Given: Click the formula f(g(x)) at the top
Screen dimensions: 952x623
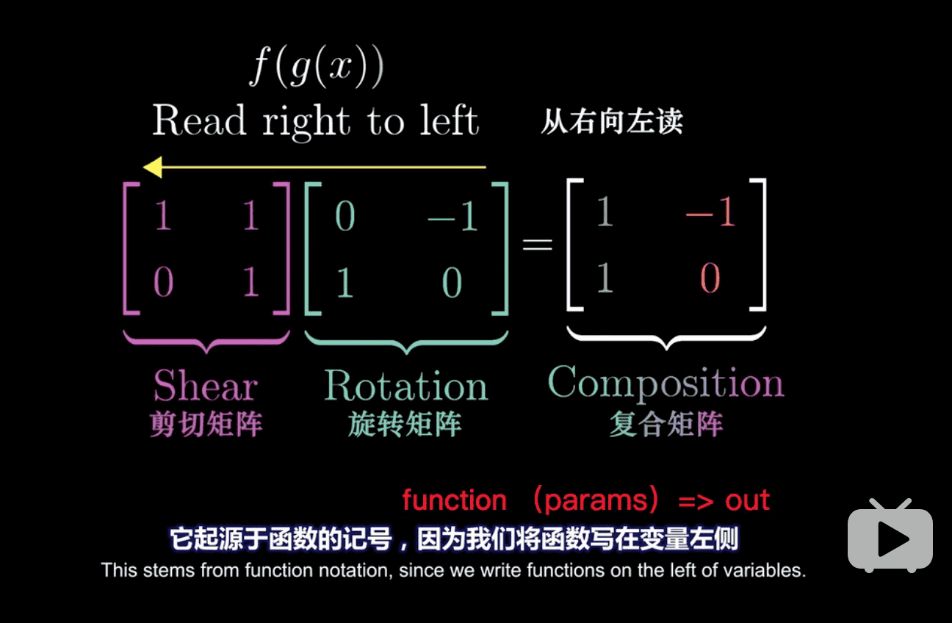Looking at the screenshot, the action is (x=317, y=68).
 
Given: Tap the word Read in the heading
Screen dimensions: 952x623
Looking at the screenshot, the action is (x=198, y=121).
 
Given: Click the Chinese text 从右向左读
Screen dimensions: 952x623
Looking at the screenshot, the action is (x=612, y=121).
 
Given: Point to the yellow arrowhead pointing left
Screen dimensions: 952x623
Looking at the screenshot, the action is (x=152, y=168).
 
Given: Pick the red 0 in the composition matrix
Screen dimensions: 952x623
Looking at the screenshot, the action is (x=710, y=279).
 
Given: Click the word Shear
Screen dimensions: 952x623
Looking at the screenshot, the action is (x=205, y=385).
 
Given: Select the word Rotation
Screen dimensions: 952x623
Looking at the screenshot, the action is (x=405, y=385).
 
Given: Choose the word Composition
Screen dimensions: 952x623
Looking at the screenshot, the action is (x=666, y=383).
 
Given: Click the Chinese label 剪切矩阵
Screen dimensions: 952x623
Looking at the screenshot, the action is (x=206, y=425).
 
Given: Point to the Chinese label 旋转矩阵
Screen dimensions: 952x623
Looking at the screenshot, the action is (x=405, y=425).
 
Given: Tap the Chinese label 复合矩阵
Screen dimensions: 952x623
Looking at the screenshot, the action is (x=666, y=424).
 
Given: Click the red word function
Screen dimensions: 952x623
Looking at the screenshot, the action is (x=454, y=500).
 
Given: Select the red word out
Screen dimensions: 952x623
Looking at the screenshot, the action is (x=747, y=500).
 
